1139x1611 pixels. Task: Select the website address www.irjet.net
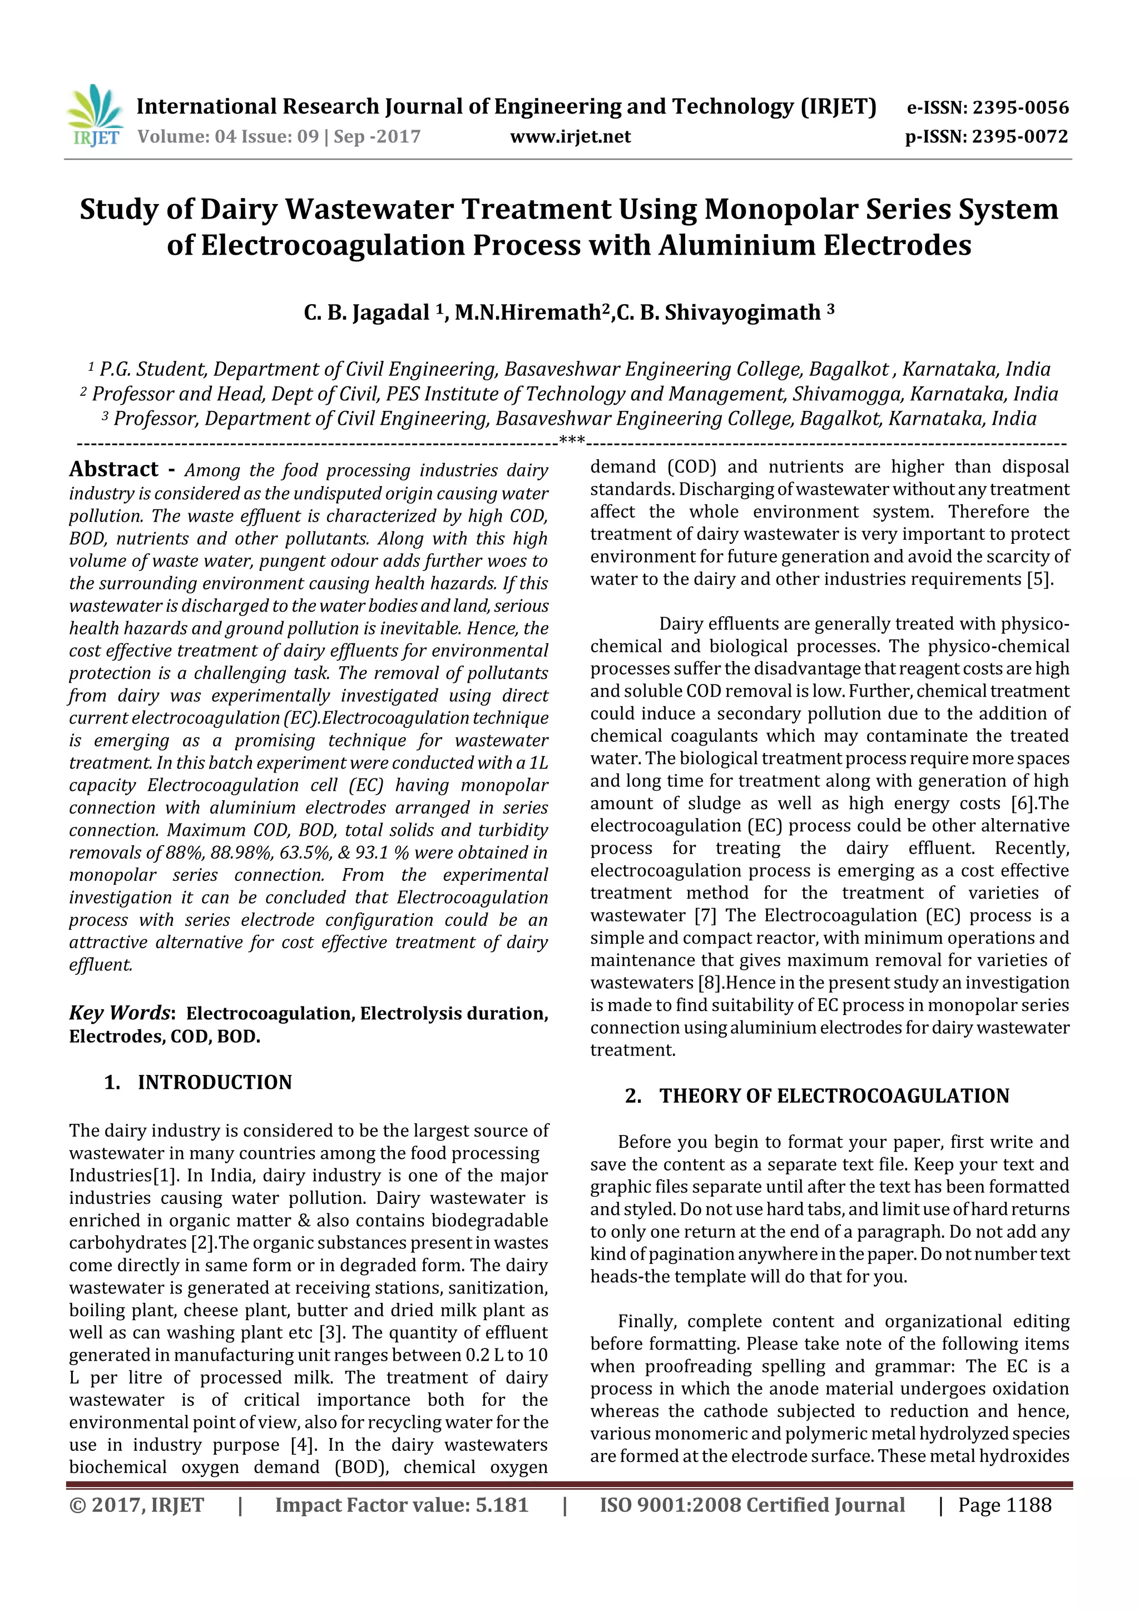coord(570,137)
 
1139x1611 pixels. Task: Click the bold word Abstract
coord(113,469)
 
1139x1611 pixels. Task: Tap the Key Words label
coord(120,1013)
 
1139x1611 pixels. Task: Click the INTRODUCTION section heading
coord(214,1082)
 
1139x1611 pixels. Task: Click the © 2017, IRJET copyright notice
coord(136,1505)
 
